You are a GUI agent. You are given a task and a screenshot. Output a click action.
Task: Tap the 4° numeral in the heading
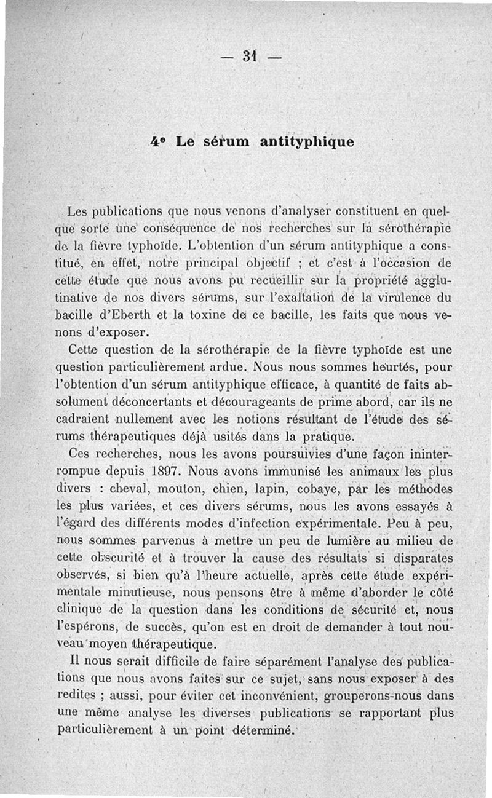pos(156,141)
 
